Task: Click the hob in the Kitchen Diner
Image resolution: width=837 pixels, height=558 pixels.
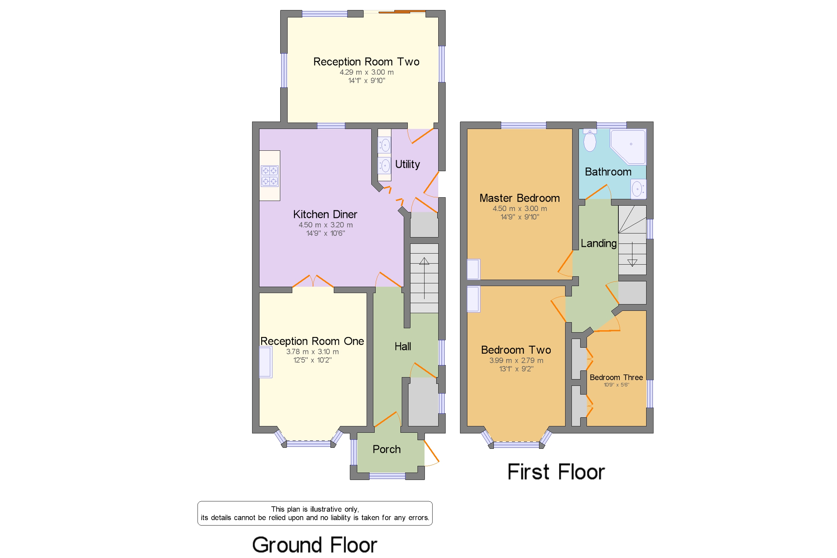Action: pyautogui.click(x=269, y=176)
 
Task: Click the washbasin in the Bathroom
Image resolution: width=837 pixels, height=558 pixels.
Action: pyautogui.click(x=638, y=189)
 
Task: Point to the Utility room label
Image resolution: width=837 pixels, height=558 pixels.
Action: pyautogui.click(x=407, y=164)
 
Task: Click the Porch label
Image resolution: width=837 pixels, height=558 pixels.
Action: pyautogui.click(x=386, y=449)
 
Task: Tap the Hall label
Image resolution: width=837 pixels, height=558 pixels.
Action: pyautogui.click(x=403, y=346)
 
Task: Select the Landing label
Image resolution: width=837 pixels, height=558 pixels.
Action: pyautogui.click(x=598, y=243)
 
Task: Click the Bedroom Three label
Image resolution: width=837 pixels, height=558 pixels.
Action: pyautogui.click(x=616, y=377)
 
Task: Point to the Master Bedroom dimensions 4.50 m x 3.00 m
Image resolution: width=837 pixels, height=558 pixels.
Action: pyautogui.click(x=519, y=209)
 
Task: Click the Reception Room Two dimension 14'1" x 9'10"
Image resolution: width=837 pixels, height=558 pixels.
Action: pyautogui.click(x=366, y=81)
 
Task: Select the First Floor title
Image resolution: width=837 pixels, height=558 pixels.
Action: pyautogui.click(x=556, y=472)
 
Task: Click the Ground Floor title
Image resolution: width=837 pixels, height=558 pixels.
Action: pyautogui.click(x=314, y=545)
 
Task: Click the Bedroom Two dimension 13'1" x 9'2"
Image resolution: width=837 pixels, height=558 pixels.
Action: pyautogui.click(x=516, y=369)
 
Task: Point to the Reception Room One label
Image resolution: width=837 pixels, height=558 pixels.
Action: pyautogui.click(x=312, y=341)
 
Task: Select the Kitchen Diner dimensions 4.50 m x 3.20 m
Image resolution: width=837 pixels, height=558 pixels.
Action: pyautogui.click(x=325, y=225)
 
